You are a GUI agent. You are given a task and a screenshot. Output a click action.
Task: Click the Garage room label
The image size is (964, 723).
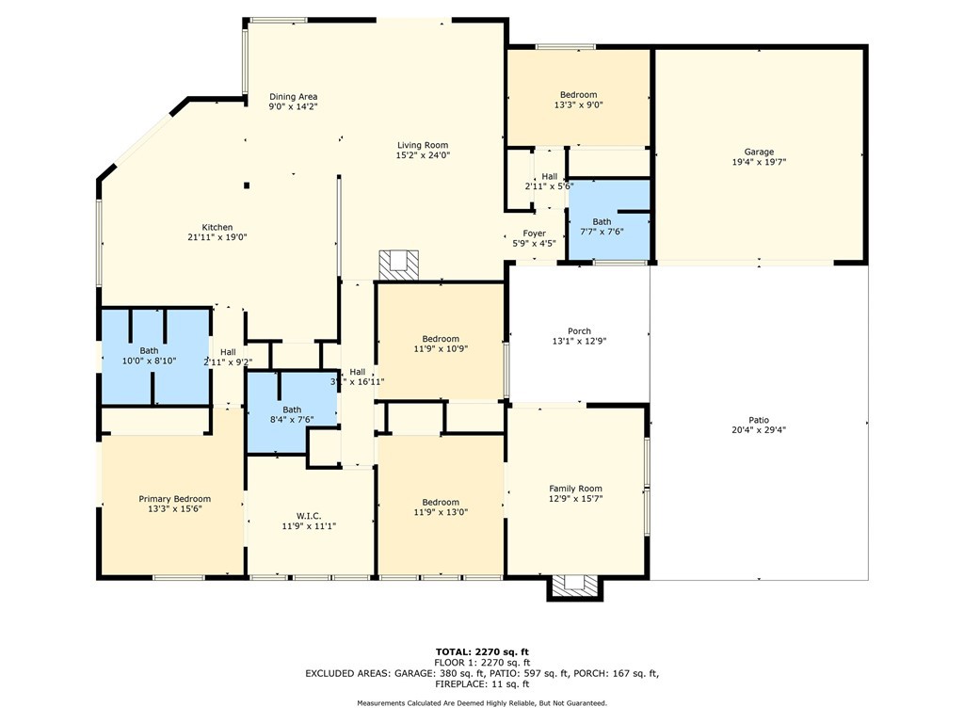tap(759, 152)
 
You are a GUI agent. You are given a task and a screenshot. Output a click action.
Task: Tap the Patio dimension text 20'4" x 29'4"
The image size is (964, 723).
tap(759, 430)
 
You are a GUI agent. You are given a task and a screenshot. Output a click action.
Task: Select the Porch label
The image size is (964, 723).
tap(579, 330)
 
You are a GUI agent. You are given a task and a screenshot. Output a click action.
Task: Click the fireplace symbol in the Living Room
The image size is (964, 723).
tap(398, 265)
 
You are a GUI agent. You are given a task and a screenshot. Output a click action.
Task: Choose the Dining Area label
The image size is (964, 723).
tap(293, 96)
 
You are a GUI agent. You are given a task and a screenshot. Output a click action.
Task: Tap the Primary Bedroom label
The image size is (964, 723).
tap(174, 499)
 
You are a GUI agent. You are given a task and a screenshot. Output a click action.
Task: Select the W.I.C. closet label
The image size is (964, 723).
tap(309, 515)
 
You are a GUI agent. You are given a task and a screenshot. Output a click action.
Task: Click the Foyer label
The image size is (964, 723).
tap(535, 233)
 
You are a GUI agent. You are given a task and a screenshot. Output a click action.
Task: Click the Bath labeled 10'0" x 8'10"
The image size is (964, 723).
tap(150, 350)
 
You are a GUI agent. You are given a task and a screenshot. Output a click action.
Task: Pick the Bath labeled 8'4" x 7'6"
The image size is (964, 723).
tap(292, 410)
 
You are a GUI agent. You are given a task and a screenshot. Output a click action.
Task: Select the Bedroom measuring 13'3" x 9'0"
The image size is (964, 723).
tap(578, 94)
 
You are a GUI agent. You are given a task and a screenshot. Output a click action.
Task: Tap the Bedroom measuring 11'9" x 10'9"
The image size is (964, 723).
tap(440, 339)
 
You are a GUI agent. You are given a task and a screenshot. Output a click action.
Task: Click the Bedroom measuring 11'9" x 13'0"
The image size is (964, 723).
tap(440, 502)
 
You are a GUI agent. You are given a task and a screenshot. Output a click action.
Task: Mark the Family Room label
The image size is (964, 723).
tap(575, 489)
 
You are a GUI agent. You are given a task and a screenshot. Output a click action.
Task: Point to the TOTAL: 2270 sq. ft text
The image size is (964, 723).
tap(482, 651)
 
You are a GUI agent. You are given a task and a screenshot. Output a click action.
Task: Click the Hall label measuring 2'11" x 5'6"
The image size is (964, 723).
tap(549, 176)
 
